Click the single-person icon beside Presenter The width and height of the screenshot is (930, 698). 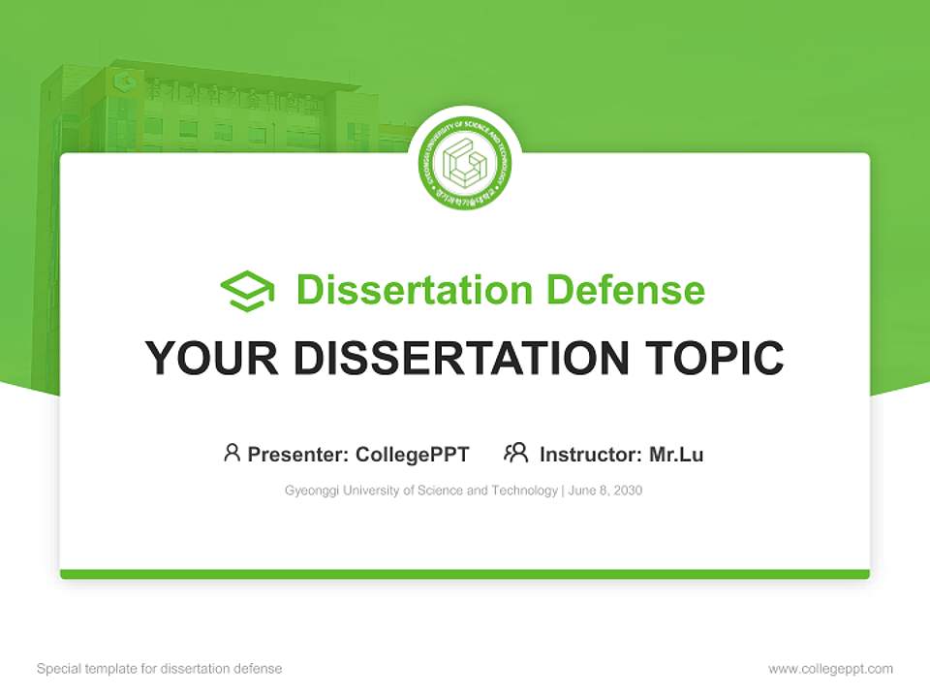[x=232, y=453]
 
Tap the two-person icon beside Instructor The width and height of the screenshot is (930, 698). [x=515, y=453]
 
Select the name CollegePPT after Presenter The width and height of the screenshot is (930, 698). [x=412, y=455]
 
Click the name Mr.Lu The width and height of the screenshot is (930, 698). [x=676, y=455]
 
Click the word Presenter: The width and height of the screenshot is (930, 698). [x=298, y=455]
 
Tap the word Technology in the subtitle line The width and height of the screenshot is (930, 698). [x=525, y=491]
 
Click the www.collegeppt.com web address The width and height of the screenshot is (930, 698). [x=830, y=669]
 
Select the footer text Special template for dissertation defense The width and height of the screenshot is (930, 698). [x=160, y=669]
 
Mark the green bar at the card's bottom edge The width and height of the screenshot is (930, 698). [x=465, y=574]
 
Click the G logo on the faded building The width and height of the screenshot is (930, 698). [x=123, y=81]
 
